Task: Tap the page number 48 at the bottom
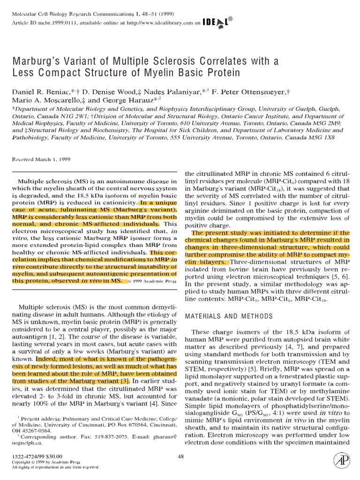pos(181,456)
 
